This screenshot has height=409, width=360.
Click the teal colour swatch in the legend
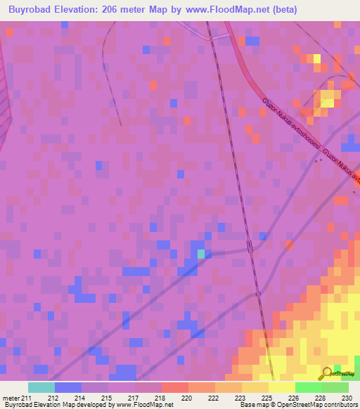(x=41, y=387)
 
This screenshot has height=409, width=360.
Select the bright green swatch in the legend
(x=308, y=387)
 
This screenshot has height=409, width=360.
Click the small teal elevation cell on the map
(x=201, y=254)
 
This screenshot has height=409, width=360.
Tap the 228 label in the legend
(x=320, y=398)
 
